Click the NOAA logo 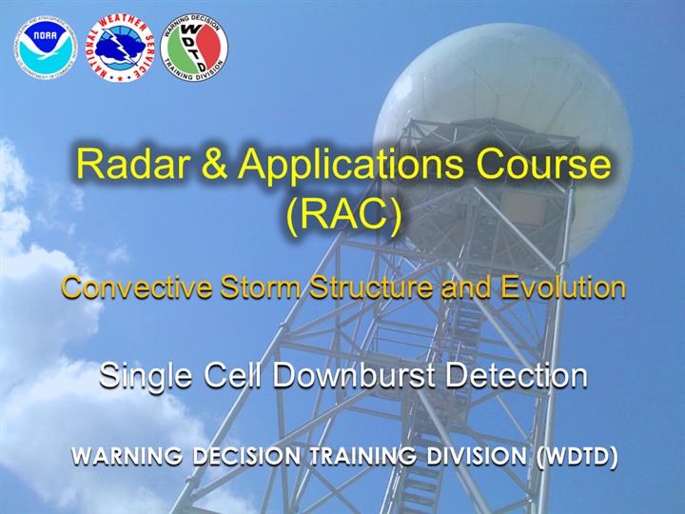coord(46,48)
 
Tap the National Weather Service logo coord(120,49)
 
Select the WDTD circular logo coord(194,48)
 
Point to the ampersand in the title coord(214,164)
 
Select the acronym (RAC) coord(344,215)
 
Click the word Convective coord(137,287)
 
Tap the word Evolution coord(563,287)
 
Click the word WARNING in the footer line coord(127,456)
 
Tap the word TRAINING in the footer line coord(363,456)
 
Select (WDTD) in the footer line coord(577,457)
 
